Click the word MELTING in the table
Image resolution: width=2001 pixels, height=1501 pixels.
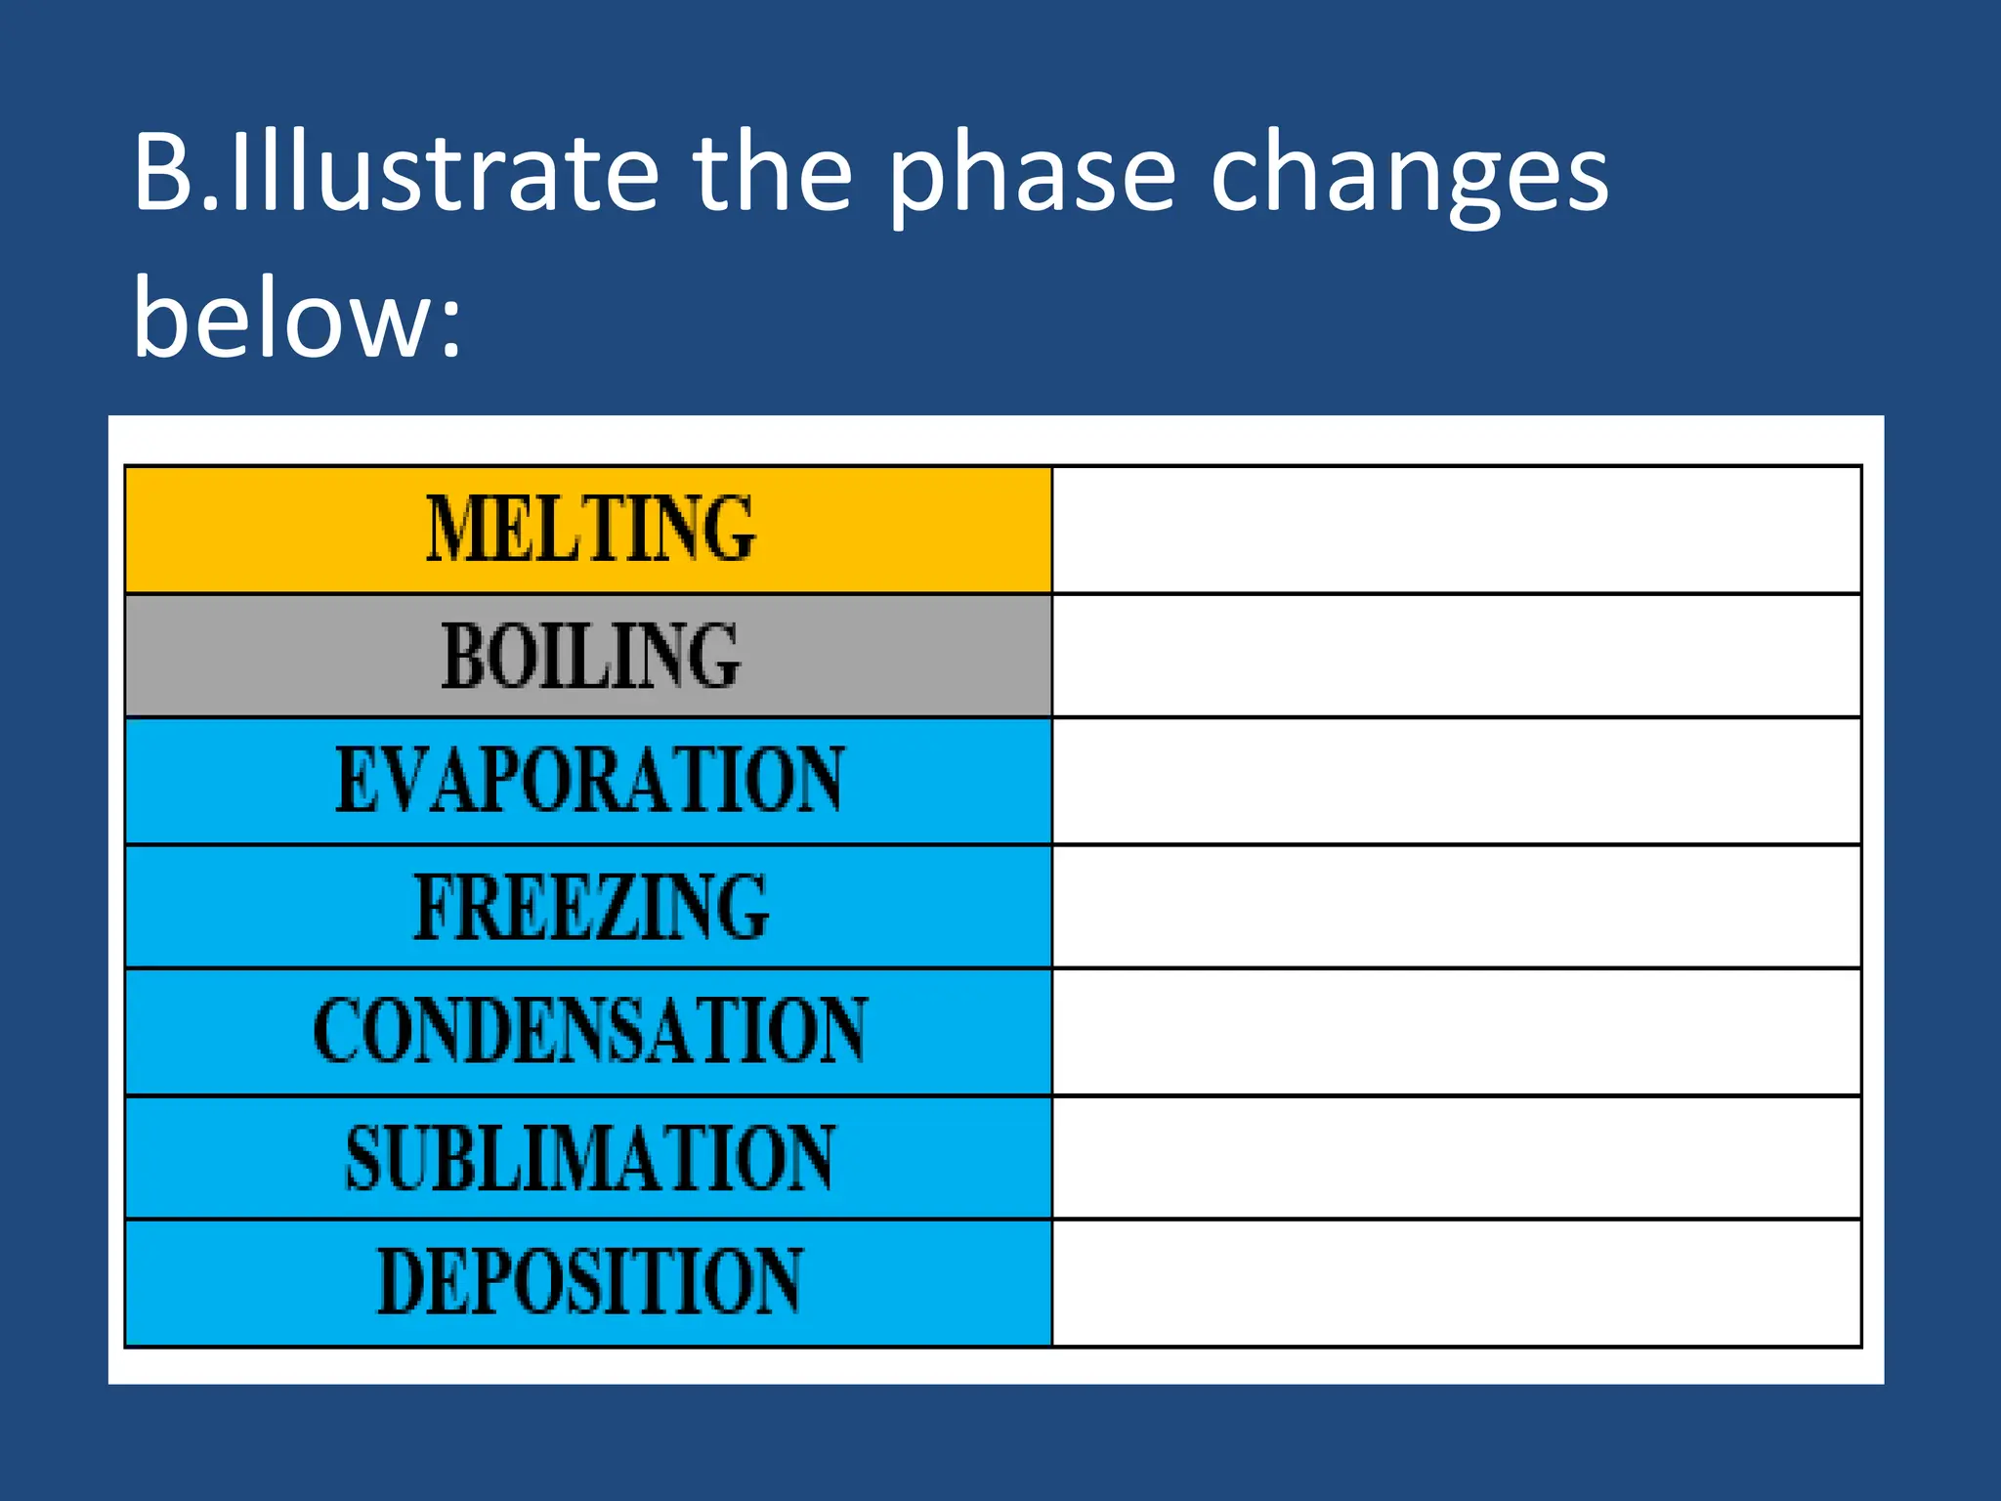pyautogui.click(x=590, y=529)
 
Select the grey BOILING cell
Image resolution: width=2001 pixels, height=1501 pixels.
pyautogui.click(x=590, y=656)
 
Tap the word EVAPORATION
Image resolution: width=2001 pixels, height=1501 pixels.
pyautogui.click(x=590, y=780)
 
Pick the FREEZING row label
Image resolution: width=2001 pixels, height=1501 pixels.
pyautogui.click(x=590, y=907)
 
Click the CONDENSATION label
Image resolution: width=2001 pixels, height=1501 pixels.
pyautogui.click(x=590, y=1031)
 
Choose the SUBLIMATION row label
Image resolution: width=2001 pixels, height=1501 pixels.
pyautogui.click(x=590, y=1157)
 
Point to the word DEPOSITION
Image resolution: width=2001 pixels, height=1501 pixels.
pyautogui.click(x=590, y=1281)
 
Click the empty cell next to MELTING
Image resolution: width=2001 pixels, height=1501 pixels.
pyautogui.click(x=1456, y=530)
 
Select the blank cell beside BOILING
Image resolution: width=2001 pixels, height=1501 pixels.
pyautogui.click(x=1456, y=656)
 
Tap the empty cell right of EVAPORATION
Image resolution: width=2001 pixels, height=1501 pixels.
pyautogui.click(x=1456, y=781)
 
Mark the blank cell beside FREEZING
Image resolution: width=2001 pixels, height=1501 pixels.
pyautogui.click(x=1456, y=907)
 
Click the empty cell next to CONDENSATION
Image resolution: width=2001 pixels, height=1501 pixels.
pyautogui.click(x=1456, y=1032)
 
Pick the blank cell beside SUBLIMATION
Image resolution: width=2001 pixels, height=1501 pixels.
pyautogui.click(x=1456, y=1158)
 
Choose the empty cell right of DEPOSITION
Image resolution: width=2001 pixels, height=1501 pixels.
pyautogui.click(x=1456, y=1283)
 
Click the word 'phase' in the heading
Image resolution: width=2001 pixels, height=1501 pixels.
pyautogui.click(x=1032, y=176)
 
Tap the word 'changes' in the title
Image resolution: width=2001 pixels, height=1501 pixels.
pyautogui.click(x=1409, y=176)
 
